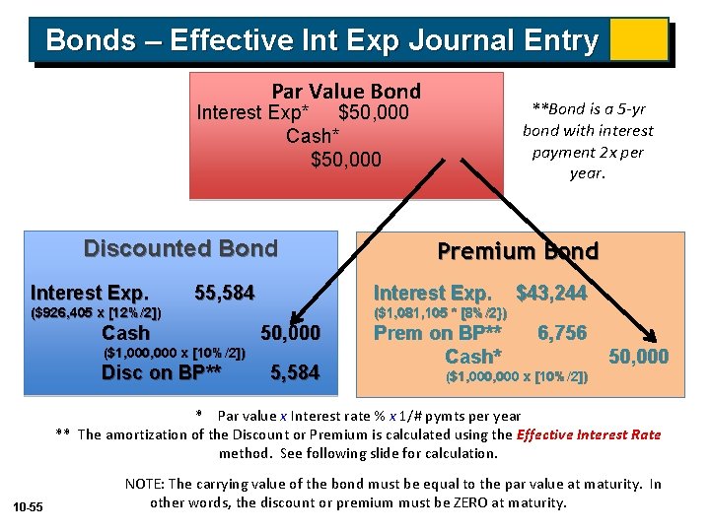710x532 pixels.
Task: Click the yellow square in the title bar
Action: (638, 39)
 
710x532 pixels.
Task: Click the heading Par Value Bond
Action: (345, 91)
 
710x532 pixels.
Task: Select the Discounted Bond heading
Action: (180, 248)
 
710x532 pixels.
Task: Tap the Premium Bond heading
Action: (518, 251)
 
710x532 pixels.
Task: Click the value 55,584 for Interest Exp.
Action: (225, 293)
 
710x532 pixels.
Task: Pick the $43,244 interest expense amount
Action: (551, 293)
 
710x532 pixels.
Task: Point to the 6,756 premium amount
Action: (561, 333)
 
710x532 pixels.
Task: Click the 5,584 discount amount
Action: (295, 372)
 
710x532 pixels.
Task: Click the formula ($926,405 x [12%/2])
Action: (97, 313)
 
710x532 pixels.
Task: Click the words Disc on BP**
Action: (162, 372)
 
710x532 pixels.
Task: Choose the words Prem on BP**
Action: (437, 333)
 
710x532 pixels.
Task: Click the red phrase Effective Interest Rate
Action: (589, 434)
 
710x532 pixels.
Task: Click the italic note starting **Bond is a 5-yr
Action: (588, 140)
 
